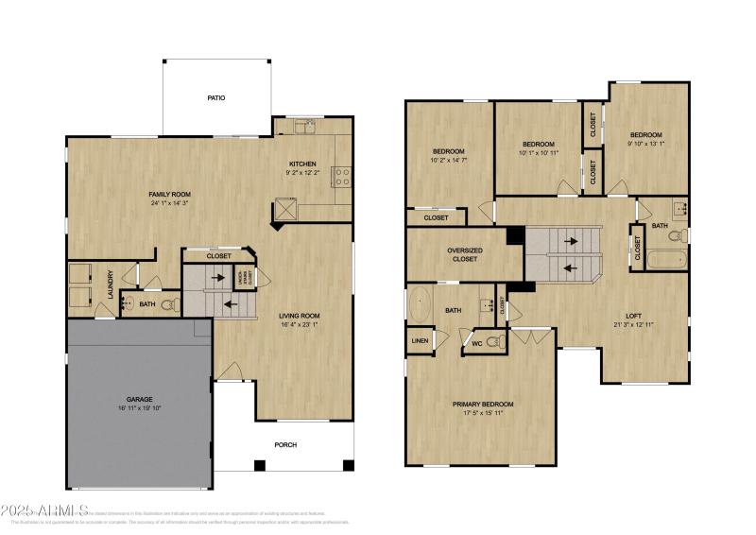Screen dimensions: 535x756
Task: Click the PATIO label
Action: tap(216, 97)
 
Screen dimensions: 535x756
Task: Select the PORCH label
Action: tap(285, 444)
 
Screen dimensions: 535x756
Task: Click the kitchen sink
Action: tap(304, 127)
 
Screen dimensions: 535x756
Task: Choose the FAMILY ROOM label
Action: tap(170, 194)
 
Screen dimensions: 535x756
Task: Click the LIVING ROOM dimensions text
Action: tap(299, 325)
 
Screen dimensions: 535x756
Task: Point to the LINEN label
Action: tap(420, 340)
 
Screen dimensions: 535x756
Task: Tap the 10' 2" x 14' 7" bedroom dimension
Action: tap(448, 161)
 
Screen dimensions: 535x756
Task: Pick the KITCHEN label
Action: tap(302, 164)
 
